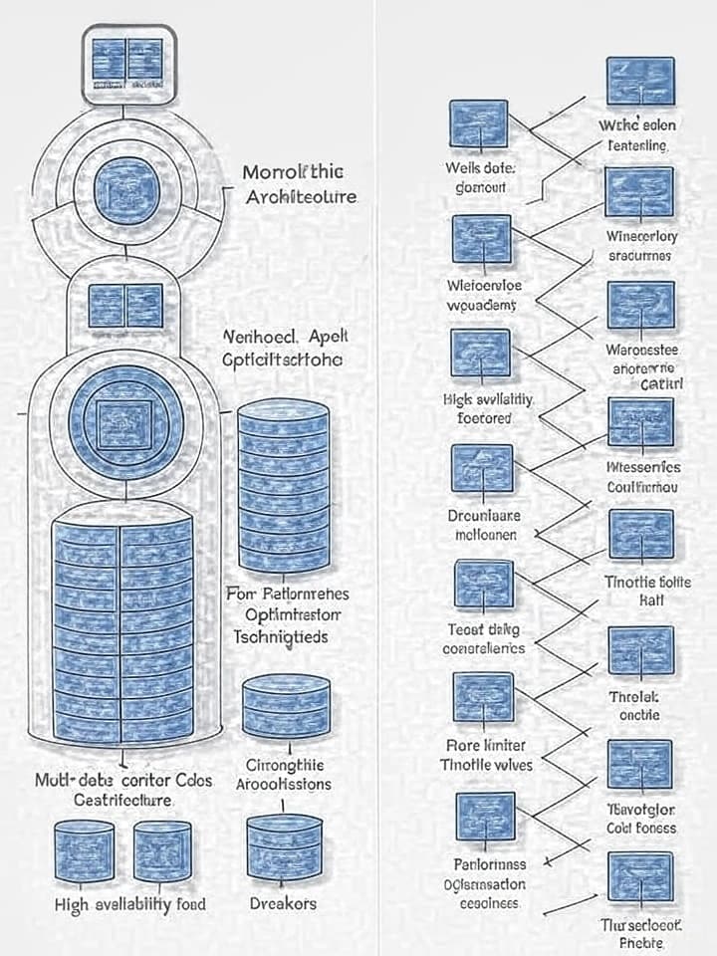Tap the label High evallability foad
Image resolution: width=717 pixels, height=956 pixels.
click(x=130, y=903)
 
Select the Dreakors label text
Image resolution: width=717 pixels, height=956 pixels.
click(x=284, y=903)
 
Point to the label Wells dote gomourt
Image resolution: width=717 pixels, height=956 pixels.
click(x=480, y=177)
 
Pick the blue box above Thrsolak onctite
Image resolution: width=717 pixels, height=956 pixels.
click(x=640, y=650)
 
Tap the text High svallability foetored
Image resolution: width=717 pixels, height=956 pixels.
click(x=489, y=408)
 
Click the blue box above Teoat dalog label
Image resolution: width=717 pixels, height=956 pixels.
click(x=483, y=585)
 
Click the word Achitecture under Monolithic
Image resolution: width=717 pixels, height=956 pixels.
click(x=300, y=196)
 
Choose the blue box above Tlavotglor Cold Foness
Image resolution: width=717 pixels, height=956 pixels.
click(x=640, y=764)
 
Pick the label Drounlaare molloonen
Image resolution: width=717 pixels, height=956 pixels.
click(x=485, y=524)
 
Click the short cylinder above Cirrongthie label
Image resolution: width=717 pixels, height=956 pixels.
click(x=286, y=708)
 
